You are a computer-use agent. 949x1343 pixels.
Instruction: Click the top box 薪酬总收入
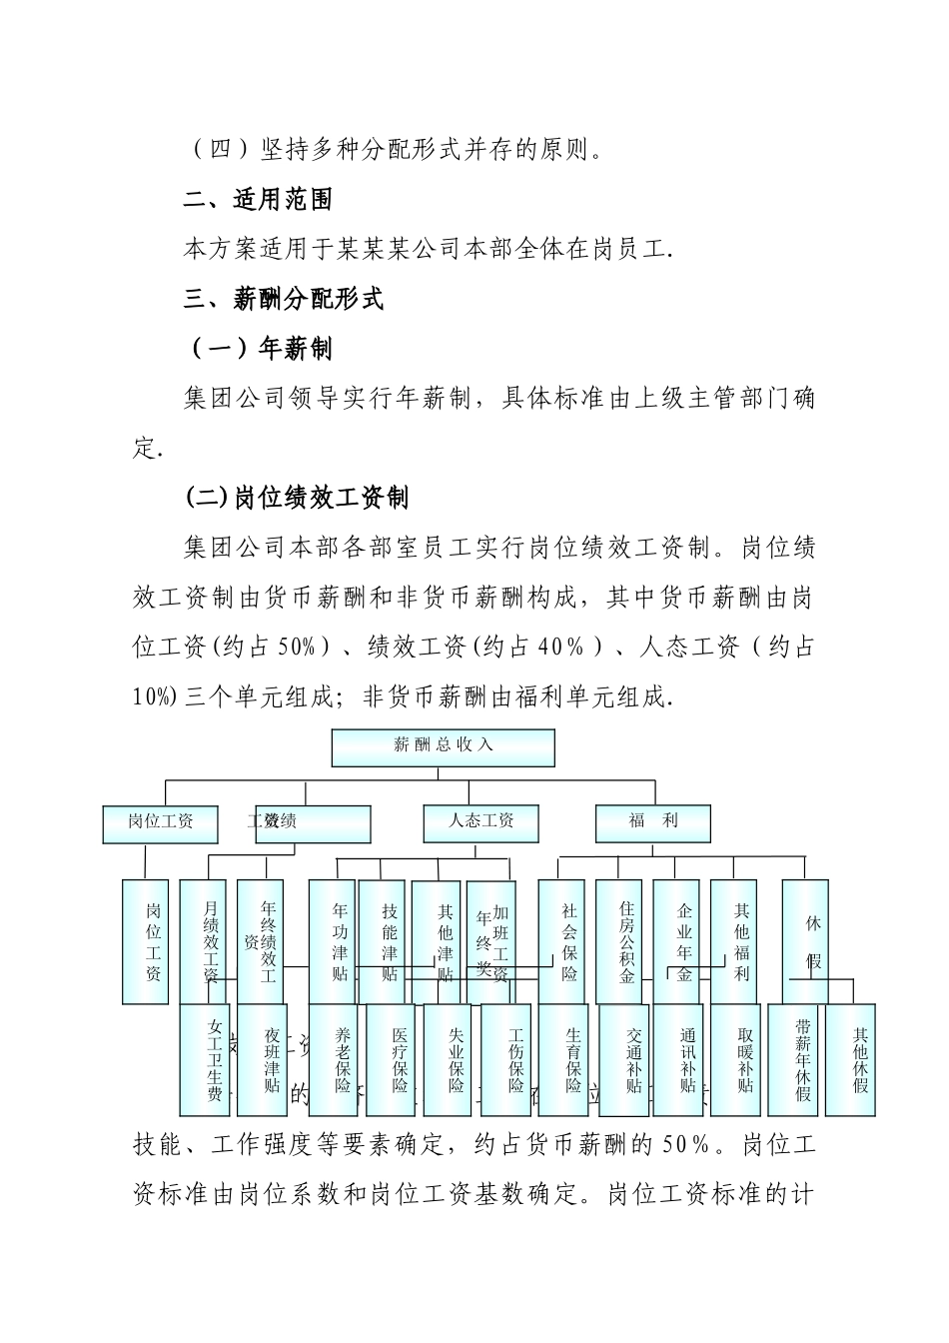point(443,747)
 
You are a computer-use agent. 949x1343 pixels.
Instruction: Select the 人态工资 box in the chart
point(481,822)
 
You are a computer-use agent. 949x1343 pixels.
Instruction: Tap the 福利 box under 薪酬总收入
point(653,822)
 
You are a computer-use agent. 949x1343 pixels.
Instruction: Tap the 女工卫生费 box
point(213,1060)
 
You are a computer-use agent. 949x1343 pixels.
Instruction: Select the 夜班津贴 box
point(271,1060)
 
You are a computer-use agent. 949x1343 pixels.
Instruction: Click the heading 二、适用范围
point(258,200)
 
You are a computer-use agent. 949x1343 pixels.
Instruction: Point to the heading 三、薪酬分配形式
point(284,299)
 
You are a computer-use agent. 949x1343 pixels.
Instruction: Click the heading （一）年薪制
point(259,349)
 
